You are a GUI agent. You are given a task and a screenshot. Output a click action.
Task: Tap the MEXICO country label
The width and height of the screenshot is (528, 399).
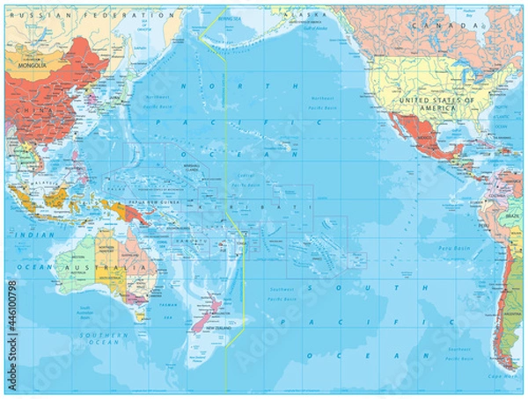pyautogui.click(x=426, y=139)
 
